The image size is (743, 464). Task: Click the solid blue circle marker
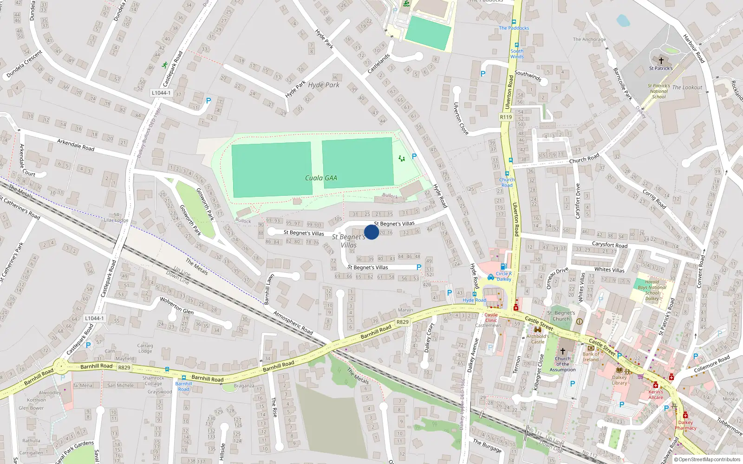click(x=371, y=232)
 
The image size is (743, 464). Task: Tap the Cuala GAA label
click(x=321, y=178)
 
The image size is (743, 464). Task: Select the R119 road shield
click(x=506, y=117)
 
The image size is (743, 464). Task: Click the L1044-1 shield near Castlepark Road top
click(x=161, y=93)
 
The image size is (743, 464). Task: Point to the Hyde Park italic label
click(x=324, y=85)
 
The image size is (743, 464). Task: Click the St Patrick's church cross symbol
click(x=661, y=60)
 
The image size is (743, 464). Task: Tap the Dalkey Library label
click(x=619, y=380)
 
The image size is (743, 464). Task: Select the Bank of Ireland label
click(x=591, y=357)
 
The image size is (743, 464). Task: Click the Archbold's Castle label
click(x=537, y=339)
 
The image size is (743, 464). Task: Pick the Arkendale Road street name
click(x=76, y=145)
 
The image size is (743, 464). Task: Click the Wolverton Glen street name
click(x=176, y=306)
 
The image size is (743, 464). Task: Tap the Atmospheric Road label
click(x=293, y=322)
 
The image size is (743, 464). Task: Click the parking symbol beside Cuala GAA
click(x=414, y=156)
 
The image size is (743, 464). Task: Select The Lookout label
click(x=687, y=87)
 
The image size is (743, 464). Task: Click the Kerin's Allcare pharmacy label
click(x=656, y=394)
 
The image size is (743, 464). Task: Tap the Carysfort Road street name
click(x=609, y=245)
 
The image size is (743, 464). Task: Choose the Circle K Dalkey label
click(x=503, y=276)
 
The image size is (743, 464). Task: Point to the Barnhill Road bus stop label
click(x=183, y=386)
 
